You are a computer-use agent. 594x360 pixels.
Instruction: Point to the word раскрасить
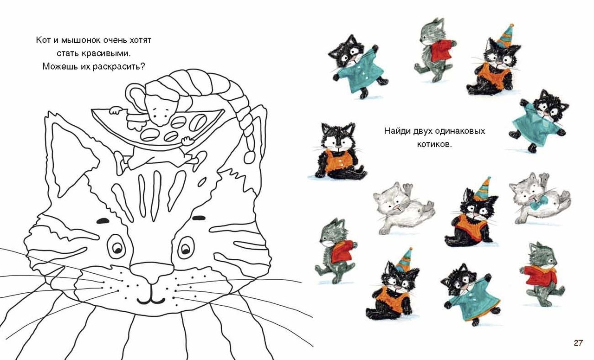(x=119, y=66)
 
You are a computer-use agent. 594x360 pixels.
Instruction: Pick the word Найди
(x=397, y=131)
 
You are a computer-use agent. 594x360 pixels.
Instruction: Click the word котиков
(x=434, y=144)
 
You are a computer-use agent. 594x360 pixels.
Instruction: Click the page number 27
(x=578, y=343)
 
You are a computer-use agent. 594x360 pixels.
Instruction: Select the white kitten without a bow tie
(x=404, y=208)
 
